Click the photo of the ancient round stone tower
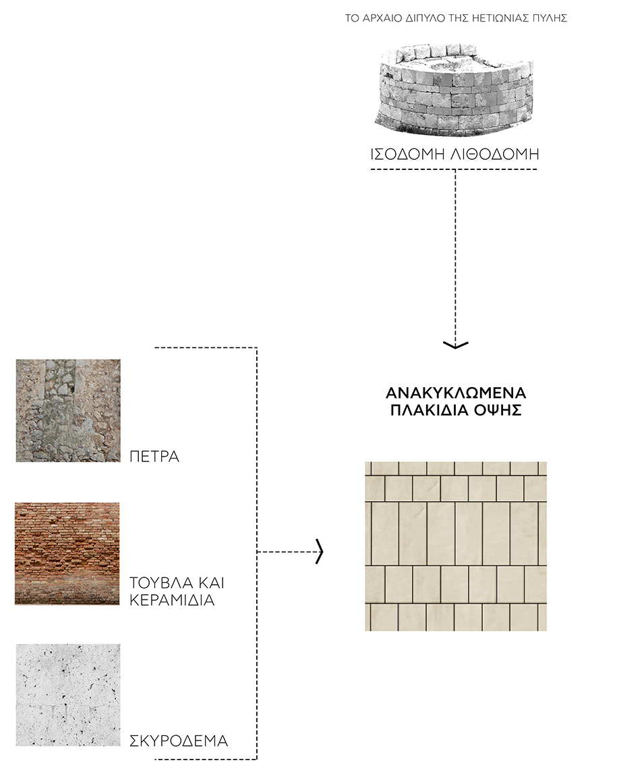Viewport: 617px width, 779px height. coord(454,88)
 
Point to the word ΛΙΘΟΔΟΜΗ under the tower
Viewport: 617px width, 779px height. coord(494,154)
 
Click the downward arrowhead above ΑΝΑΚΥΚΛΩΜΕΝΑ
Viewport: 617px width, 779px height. coord(456,345)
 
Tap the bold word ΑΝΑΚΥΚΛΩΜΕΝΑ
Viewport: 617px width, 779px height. coord(456,393)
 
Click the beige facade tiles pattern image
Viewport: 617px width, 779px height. coord(456,546)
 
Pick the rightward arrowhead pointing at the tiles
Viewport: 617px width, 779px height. coord(320,552)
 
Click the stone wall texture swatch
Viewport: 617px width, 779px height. coord(68,411)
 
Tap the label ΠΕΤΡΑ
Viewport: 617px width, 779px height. coord(154,457)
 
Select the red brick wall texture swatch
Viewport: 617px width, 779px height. coord(67,554)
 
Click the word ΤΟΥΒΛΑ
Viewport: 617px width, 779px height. coord(160,582)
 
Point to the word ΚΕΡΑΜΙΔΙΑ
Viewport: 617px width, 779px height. coord(172,600)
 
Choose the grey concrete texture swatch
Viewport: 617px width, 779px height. coord(68,695)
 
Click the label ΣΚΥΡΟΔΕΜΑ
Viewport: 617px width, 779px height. coord(178,741)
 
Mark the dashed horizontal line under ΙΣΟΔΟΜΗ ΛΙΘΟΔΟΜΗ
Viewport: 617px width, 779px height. coord(454,170)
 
